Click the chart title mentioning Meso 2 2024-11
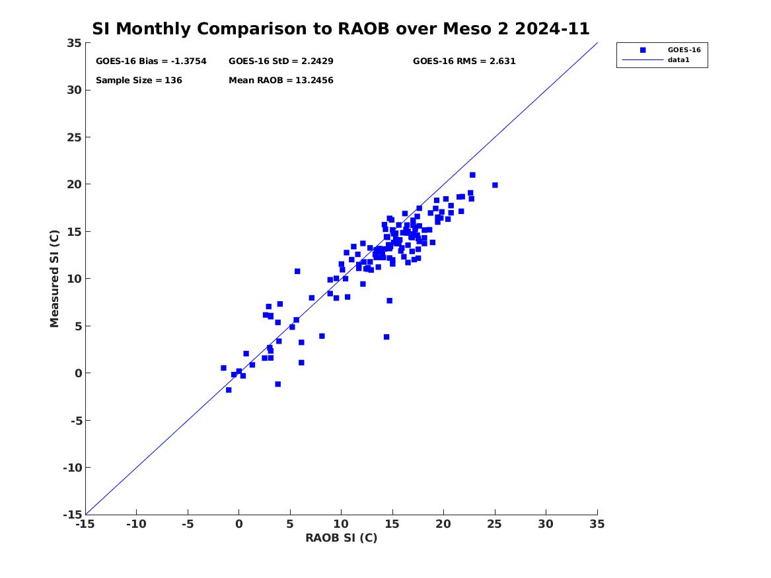pos(340,29)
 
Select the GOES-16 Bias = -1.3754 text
pos(151,61)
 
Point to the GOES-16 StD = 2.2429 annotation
pos(281,61)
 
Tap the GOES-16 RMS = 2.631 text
pos(464,61)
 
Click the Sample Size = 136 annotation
pos(139,81)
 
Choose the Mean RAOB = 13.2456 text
pos(281,81)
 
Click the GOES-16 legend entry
pos(683,50)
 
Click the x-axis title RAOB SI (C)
pos(341,538)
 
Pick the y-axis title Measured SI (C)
pos(55,278)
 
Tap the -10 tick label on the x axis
pos(136,524)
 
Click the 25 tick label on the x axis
pos(495,524)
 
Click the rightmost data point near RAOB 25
pos(495,185)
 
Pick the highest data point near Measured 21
pos(472,175)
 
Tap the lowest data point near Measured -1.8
pos(229,390)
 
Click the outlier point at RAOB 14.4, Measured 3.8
pos(386,337)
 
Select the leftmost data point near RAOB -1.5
pos(223,368)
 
